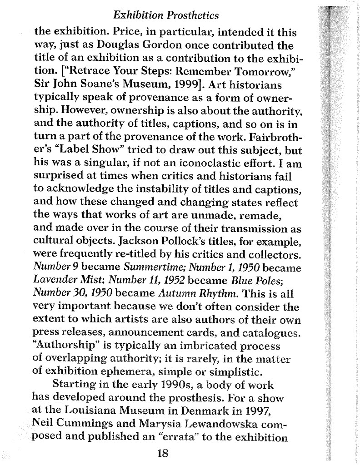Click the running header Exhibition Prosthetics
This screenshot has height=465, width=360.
pos(166,16)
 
